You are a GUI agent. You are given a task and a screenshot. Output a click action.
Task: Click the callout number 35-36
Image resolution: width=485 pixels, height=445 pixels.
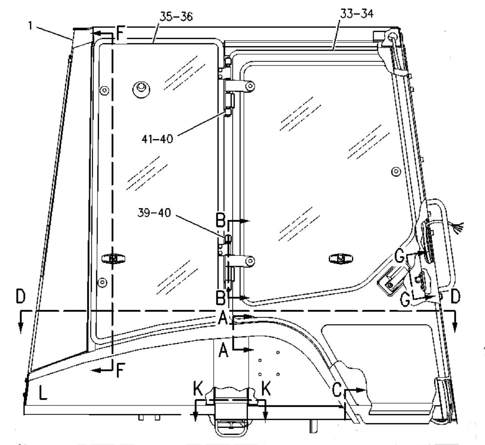tap(176, 17)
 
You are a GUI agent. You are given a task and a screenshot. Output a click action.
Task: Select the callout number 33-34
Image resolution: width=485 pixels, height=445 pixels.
tap(356, 14)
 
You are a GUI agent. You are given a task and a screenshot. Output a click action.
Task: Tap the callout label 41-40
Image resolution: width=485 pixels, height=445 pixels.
tap(157, 139)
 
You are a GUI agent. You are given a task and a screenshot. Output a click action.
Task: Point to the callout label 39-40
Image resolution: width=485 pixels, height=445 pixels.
tap(154, 213)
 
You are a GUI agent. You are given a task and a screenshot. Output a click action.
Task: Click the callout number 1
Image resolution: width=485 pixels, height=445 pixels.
tap(30, 26)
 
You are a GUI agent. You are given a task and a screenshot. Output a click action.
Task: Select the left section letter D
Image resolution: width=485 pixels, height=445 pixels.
tap(20, 296)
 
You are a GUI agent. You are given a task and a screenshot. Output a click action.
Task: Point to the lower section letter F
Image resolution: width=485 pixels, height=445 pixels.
tap(121, 370)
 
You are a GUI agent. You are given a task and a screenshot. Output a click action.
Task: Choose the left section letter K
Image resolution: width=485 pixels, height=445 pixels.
tap(198, 388)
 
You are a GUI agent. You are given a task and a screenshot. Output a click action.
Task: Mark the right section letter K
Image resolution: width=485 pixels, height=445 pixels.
tap(266, 388)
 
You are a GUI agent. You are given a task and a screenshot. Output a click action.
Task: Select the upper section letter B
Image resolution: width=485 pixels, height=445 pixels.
tap(221, 220)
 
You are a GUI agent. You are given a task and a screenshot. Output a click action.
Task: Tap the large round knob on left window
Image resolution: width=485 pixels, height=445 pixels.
tap(141, 89)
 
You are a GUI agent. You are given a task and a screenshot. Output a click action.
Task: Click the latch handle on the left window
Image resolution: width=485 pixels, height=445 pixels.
tap(113, 258)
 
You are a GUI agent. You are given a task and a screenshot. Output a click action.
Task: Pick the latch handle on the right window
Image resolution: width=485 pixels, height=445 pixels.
tap(341, 258)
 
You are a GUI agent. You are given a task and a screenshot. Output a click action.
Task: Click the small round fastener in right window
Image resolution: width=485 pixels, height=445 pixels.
tap(396, 171)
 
